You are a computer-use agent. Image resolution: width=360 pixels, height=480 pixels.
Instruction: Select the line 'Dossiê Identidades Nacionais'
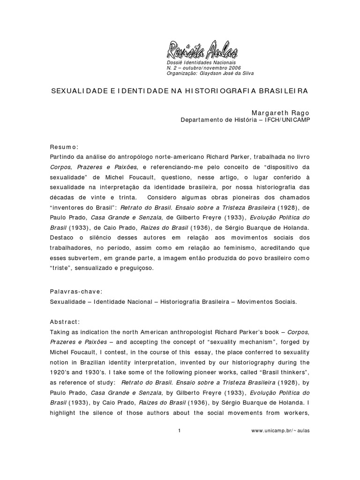(x=201, y=63)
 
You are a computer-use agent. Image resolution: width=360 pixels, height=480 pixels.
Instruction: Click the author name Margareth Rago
(x=281, y=113)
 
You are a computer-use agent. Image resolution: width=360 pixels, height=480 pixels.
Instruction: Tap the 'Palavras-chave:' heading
(x=72, y=292)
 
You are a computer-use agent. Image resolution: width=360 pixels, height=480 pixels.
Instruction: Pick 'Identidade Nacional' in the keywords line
(x=124, y=302)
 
